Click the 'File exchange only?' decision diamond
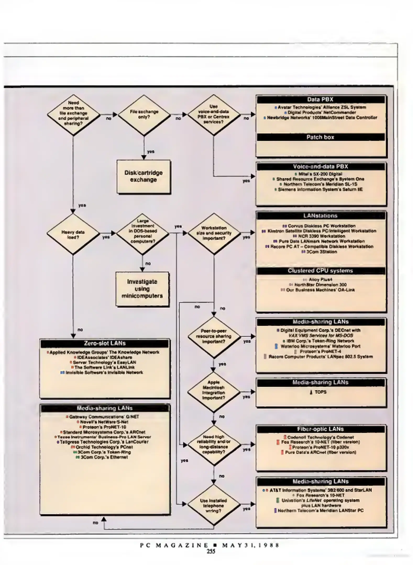(144, 115)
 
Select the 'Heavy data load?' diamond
(73, 234)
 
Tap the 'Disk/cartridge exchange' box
(144, 176)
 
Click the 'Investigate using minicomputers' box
(142, 289)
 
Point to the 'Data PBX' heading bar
(320, 100)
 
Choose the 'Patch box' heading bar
(320, 137)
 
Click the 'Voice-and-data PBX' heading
(320, 167)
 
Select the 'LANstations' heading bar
(320, 216)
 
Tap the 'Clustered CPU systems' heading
(320, 271)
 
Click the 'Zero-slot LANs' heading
(105, 343)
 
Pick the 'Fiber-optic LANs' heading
(320, 429)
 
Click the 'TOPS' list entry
(320, 392)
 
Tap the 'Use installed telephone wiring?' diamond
(213, 506)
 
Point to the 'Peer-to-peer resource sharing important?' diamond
(213, 336)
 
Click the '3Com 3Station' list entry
(322, 252)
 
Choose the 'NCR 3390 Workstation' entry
(322, 236)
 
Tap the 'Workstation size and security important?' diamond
(213, 233)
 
